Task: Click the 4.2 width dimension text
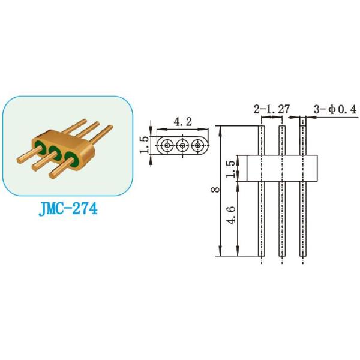(182, 122)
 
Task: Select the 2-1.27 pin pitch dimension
(271, 109)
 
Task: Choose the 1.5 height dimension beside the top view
(144, 145)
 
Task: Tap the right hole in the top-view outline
(196, 145)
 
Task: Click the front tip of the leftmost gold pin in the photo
(19, 160)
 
